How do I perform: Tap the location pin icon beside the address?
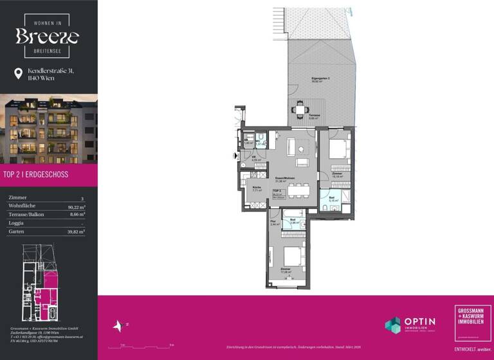click(x=17, y=74)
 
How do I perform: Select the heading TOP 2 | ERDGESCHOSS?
click(x=36, y=174)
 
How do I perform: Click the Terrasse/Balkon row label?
click(x=26, y=215)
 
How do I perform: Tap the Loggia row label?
click(x=16, y=222)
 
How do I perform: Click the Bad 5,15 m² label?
click(x=333, y=199)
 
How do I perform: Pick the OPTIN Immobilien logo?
click(x=410, y=325)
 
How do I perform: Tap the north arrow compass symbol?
click(x=118, y=326)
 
